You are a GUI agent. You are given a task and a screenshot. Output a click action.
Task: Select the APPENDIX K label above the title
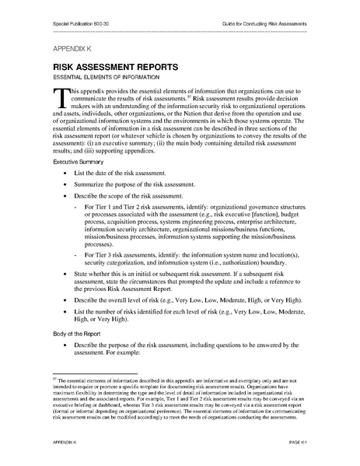coord(71,48)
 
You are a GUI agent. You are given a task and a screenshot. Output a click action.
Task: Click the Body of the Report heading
coord(76,331)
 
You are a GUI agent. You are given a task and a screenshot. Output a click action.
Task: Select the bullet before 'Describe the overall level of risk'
coord(64,300)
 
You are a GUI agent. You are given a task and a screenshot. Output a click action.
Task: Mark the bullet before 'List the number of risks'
coord(64,312)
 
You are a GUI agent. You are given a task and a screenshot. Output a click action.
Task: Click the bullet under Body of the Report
coord(64,343)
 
